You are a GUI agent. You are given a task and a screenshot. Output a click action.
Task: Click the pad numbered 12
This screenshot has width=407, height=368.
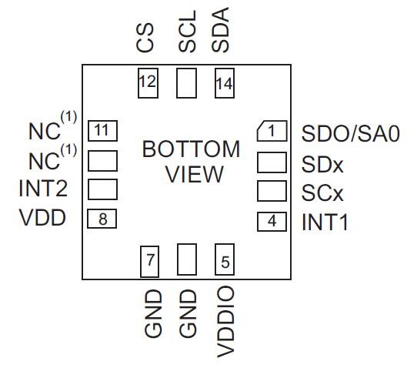pos(148,82)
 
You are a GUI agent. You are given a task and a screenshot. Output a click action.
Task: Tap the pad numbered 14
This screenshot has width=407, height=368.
pos(224,82)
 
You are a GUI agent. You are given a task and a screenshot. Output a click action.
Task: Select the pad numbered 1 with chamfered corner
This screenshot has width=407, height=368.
pos(271,132)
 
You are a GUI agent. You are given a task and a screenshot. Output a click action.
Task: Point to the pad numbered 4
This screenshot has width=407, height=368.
pos(271,222)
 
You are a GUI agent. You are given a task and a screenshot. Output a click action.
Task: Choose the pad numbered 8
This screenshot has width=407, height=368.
pos(102,219)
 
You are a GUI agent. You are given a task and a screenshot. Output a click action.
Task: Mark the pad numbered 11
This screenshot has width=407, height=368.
pos(102,130)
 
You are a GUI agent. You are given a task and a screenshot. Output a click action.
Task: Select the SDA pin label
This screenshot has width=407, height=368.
pos(222,32)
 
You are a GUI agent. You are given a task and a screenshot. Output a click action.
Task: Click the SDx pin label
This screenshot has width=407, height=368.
pos(322,163)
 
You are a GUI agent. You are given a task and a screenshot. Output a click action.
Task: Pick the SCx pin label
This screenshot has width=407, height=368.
pos(322,192)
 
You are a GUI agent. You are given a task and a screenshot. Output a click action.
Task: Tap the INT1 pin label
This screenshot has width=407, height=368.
pos(325,223)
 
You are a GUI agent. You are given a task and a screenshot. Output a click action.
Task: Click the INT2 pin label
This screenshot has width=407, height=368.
pos(43,189)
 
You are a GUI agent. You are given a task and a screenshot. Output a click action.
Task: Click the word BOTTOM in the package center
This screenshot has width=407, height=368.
pos(191,149)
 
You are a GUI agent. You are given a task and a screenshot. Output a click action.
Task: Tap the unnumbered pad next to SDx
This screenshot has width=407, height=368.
pos(271,162)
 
